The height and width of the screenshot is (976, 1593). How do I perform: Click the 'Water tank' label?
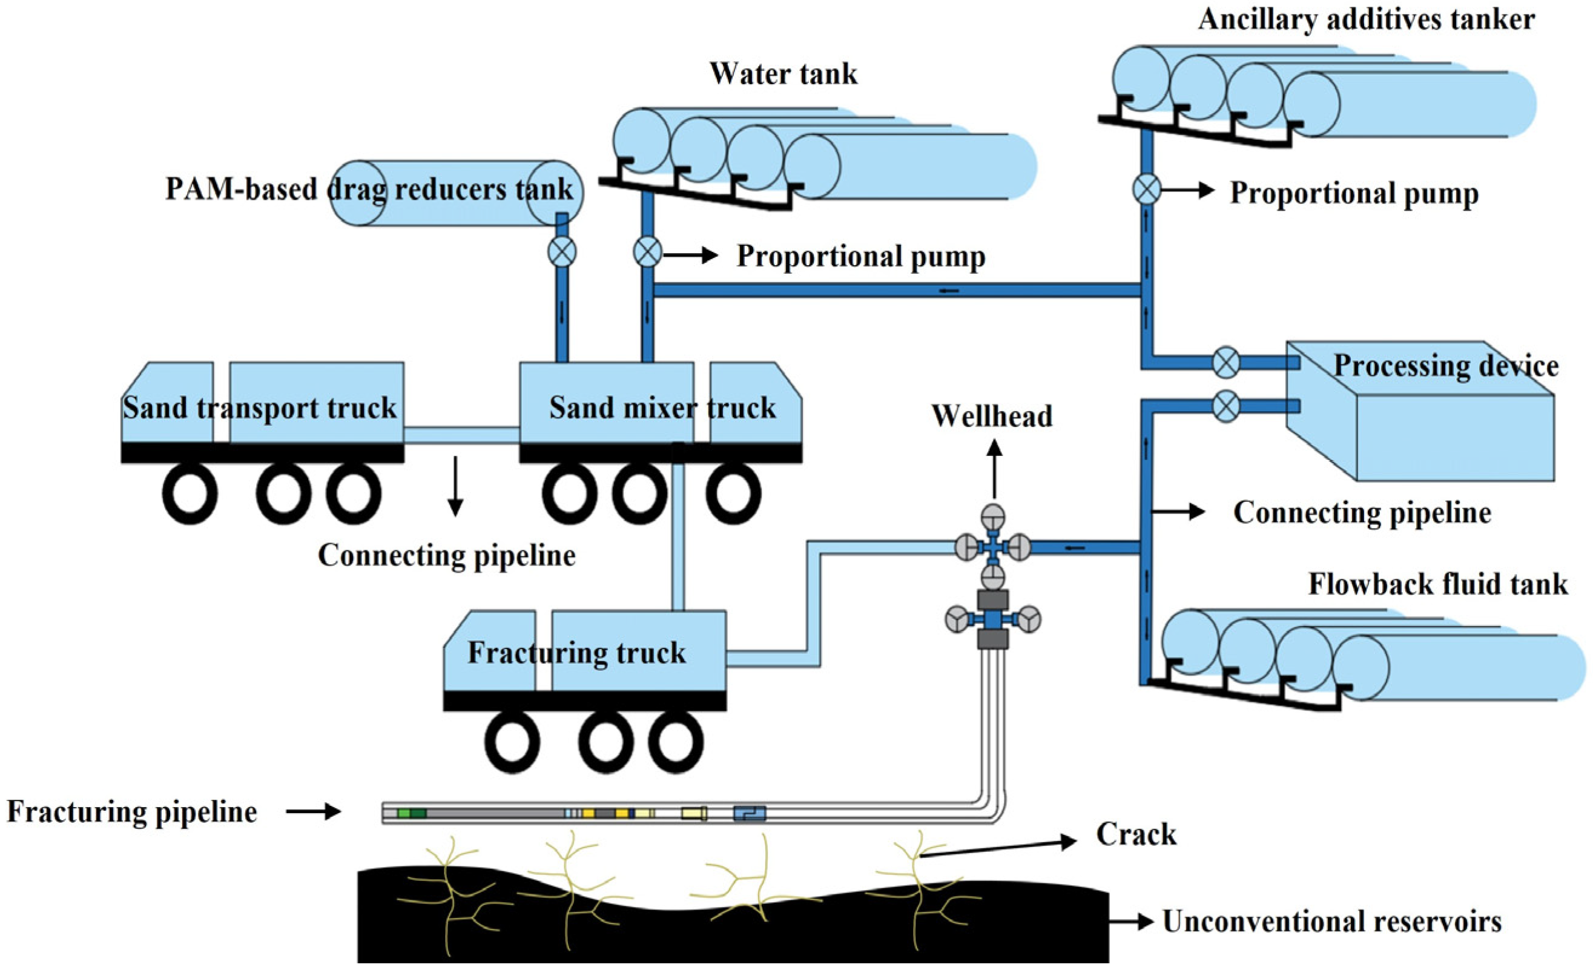point(783,74)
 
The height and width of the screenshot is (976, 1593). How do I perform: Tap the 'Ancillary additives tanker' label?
point(1366,19)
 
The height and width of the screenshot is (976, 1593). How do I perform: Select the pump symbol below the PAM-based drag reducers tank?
point(562,251)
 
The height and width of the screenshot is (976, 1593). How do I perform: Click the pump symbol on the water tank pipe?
point(647,252)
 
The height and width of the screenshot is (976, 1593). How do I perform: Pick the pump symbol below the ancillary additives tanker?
point(1146,190)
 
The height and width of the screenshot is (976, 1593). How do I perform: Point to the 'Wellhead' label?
point(992,417)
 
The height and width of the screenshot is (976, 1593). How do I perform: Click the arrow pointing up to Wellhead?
point(994,469)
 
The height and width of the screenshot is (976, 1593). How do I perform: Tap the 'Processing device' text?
point(1446,366)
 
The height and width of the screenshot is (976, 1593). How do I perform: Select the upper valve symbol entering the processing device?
point(1225,362)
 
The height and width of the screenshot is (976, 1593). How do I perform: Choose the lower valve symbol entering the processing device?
point(1225,406)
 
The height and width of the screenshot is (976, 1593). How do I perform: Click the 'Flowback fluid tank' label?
point(1438,584)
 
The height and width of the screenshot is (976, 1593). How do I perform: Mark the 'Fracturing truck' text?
point(576,653)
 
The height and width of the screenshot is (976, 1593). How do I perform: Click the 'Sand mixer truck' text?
point(662,408)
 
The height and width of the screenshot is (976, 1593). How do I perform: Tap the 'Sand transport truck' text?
point(260,408)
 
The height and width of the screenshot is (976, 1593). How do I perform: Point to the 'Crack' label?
point(1136,834)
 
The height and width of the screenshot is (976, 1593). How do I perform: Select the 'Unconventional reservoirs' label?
point(1332,922)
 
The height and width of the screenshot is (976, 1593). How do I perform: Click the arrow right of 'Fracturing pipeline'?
point(314,812)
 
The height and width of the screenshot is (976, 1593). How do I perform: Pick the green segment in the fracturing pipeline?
point(411,813)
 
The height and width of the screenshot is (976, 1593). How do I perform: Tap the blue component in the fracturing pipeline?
point(750,813)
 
